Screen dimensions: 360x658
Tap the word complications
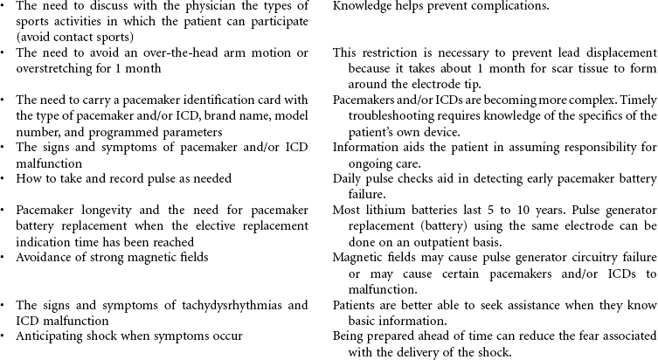pos(513,7)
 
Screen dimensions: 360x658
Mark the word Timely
pos(637,101)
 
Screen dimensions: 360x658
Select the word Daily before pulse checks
pos(349,179)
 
